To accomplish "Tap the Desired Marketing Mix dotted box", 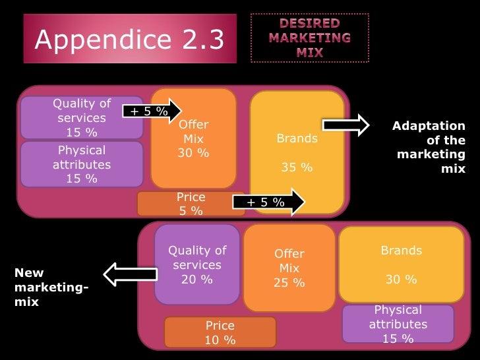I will tap(309, 37).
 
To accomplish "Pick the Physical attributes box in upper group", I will tap(81, 164).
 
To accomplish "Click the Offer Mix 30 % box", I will tap(193, 138).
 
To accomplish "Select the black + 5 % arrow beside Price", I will tap(269, 202).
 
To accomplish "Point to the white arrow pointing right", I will tap(345, 125).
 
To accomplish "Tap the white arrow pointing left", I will tap(131, 274).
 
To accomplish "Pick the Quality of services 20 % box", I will tap(197, 264).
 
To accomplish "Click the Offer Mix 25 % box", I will tap(289, 268).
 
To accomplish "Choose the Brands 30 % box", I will tap(401, 264).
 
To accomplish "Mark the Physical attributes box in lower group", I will tap(398, 324).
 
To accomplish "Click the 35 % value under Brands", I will tap(297, 167).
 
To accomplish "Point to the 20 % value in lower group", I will tap(197, 279).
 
